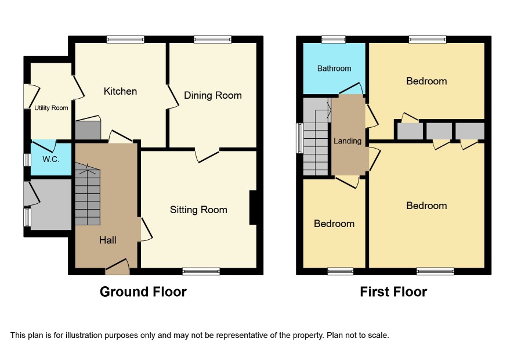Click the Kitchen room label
pyautogui.click(x=120, y=91)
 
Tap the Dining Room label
pyautogui.click(x=213, y=95)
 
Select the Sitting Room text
pyautogui.click(x=198, y=210)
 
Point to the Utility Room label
pyautogui.click(x=51, y=108)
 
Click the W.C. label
pyautogui.click(x=51, y=160)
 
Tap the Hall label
pyautogui.click(x=107, y=240)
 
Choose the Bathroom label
pyautogui.click(x=334, y=69)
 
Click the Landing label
pyautogui.click(x=348, y=141)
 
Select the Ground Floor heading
pyautogui.click(x=143, y=291)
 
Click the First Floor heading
pyautogui.click(x=393, y=291)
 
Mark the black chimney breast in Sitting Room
pyautogui.click(x=253, y=207)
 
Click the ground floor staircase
pyautogui.click(x=88, y=194)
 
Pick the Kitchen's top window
pyautogui.click(x=125, y=39)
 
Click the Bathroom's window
pyautogui.click(x=334, y=39)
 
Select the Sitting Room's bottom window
pyautogui.click(x=201, y=271)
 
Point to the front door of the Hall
pyautogui.click(x=117, y=267)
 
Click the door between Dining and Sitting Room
pyautogui.click(x=207, y=155)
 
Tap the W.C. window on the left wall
pyautogui.click(x=27, y=160)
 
